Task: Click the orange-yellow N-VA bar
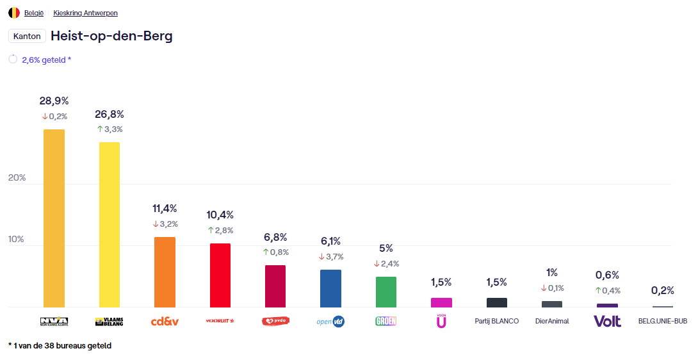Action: pyautogui.click(x=54, y=218)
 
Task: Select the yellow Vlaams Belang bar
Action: pyautogui.click(x=110, y=225)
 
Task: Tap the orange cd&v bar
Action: pyautogui.click(x=165, y=272)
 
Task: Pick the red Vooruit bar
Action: pyautogui.click(x=220, y=275)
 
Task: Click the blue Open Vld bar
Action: pyautogui.click(x=330, y=288)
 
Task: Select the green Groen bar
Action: pyautogui.click(x=386, y=292)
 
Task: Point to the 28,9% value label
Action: pyautogui.click(x=54, y=101)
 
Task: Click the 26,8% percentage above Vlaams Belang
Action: pyautogui.click(x=110, y=115)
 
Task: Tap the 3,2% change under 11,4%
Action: pyautogui.click(x=165, y=224)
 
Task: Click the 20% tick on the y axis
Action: pyautogui.click(x=17, y=177)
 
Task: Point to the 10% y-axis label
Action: pyautogui.click(x=17, y=240)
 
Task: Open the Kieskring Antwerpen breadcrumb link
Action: pyautogui.click(x=85, y=13)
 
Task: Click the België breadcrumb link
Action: pyautogui.click(x=34, y=13)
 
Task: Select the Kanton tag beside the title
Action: pyautogui.click(x=27, y=37)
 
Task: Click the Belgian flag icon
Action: pyautogui.click(x=14, y=13)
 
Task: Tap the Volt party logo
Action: pyautogui.click(x=607, y=321)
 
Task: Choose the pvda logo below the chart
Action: pyautogui.click(x=275, y=321)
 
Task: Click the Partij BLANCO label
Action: pyautogui.click(x=496, y=321)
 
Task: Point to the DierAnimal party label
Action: pyautogui.click(x=552, y=321)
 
